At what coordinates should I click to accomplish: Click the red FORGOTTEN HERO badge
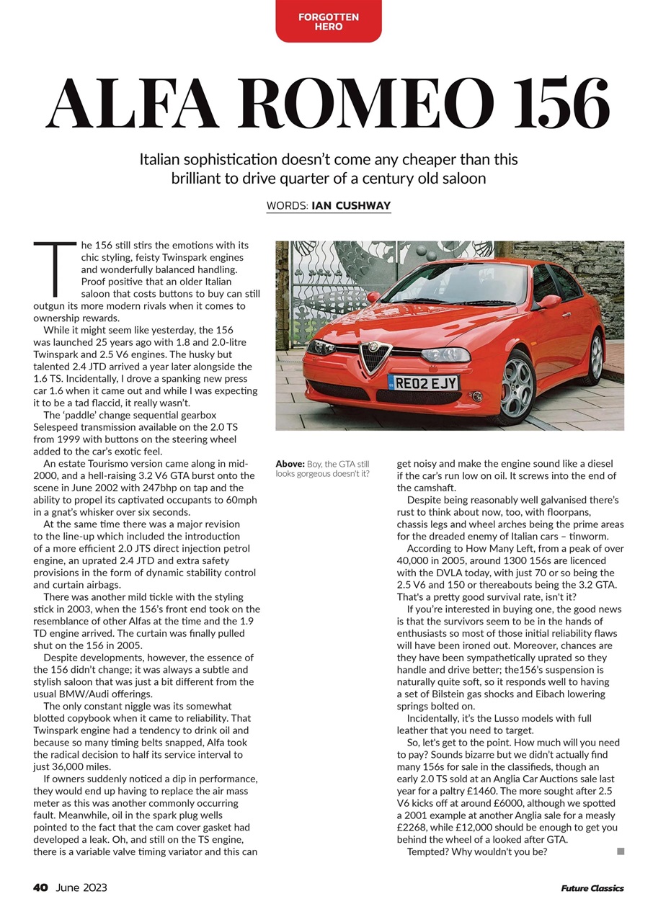coord(328,21)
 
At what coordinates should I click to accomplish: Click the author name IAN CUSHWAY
coord(351,206)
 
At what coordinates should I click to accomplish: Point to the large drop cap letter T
coord(54,269)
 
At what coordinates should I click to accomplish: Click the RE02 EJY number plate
coord(423,383)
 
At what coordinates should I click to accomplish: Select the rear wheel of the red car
coord(596,358)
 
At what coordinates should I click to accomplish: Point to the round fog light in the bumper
coord(476,396)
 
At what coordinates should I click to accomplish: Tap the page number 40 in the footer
coord(40,887)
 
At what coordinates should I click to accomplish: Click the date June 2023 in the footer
coord(81,887)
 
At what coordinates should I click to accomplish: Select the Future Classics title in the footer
coord(592,888)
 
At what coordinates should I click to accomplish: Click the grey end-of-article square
coord(621,851)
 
